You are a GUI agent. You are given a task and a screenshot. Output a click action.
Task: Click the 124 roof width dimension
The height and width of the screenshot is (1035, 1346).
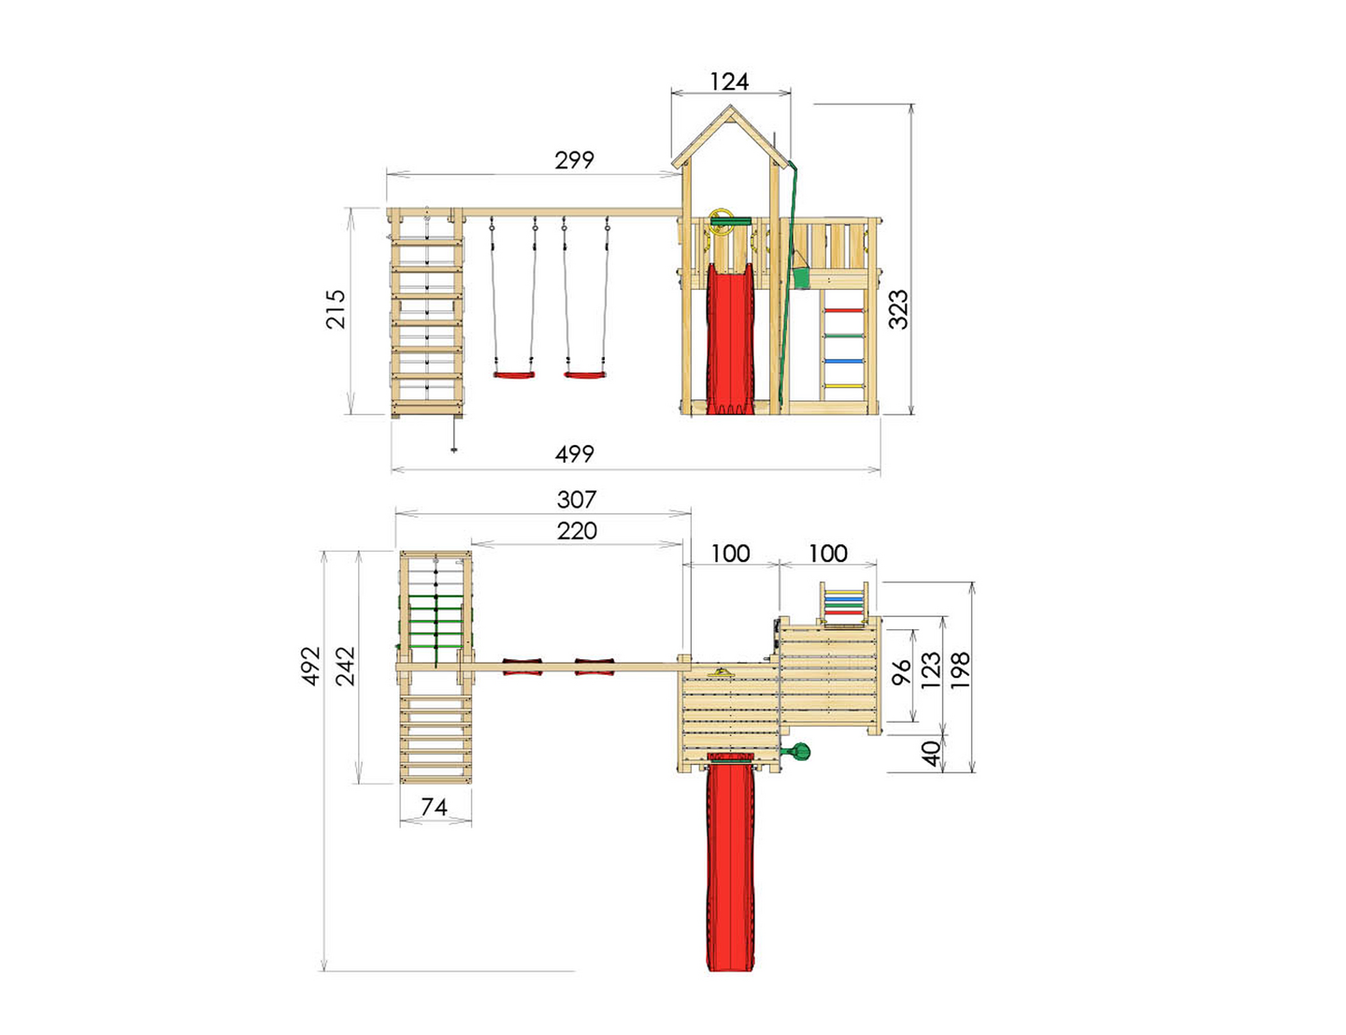[729, 81]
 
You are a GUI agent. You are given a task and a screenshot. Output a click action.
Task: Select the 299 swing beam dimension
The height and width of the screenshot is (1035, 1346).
[574, 161]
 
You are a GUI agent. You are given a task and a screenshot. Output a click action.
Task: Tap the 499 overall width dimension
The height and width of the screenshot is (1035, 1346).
[574, 454]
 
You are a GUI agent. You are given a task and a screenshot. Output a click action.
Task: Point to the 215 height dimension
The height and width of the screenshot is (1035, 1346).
[336, 309]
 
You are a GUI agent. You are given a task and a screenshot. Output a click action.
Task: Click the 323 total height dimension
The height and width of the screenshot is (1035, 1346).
[898, 309]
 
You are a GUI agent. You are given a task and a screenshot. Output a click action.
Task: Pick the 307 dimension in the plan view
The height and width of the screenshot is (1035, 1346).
[577, 499]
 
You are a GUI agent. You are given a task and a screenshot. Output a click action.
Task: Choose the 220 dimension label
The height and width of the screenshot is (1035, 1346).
[577, 531]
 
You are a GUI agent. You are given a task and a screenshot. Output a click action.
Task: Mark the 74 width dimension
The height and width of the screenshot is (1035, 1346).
[434, 807]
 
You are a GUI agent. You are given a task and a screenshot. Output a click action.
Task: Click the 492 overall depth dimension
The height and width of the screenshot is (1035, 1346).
[311, 666]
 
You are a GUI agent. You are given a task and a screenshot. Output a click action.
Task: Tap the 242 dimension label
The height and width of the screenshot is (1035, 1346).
[345, 666]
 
